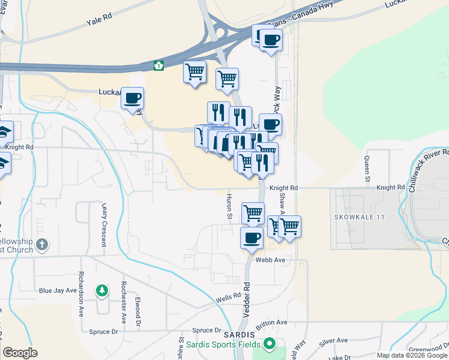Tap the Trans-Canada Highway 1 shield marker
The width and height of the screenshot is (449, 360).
[x=159, y=65]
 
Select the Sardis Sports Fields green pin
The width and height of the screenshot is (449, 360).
[x=270, y=344]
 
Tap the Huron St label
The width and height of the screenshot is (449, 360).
[x=229, y=206]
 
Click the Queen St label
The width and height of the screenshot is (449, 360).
[x=367, y=169]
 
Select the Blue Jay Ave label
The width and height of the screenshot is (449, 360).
[x=58, y=290]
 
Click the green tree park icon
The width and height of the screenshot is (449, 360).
[x=102, y=291]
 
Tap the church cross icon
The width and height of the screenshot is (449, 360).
[x=41, y=244]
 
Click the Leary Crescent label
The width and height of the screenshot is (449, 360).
[x=103, y=224]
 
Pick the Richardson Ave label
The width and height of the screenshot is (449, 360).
[x=81, y=294]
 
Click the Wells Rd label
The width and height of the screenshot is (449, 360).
[x=229, y=296]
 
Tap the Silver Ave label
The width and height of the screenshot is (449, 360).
[x=333, y=340]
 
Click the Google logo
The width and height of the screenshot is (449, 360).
[x=20, y=353]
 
